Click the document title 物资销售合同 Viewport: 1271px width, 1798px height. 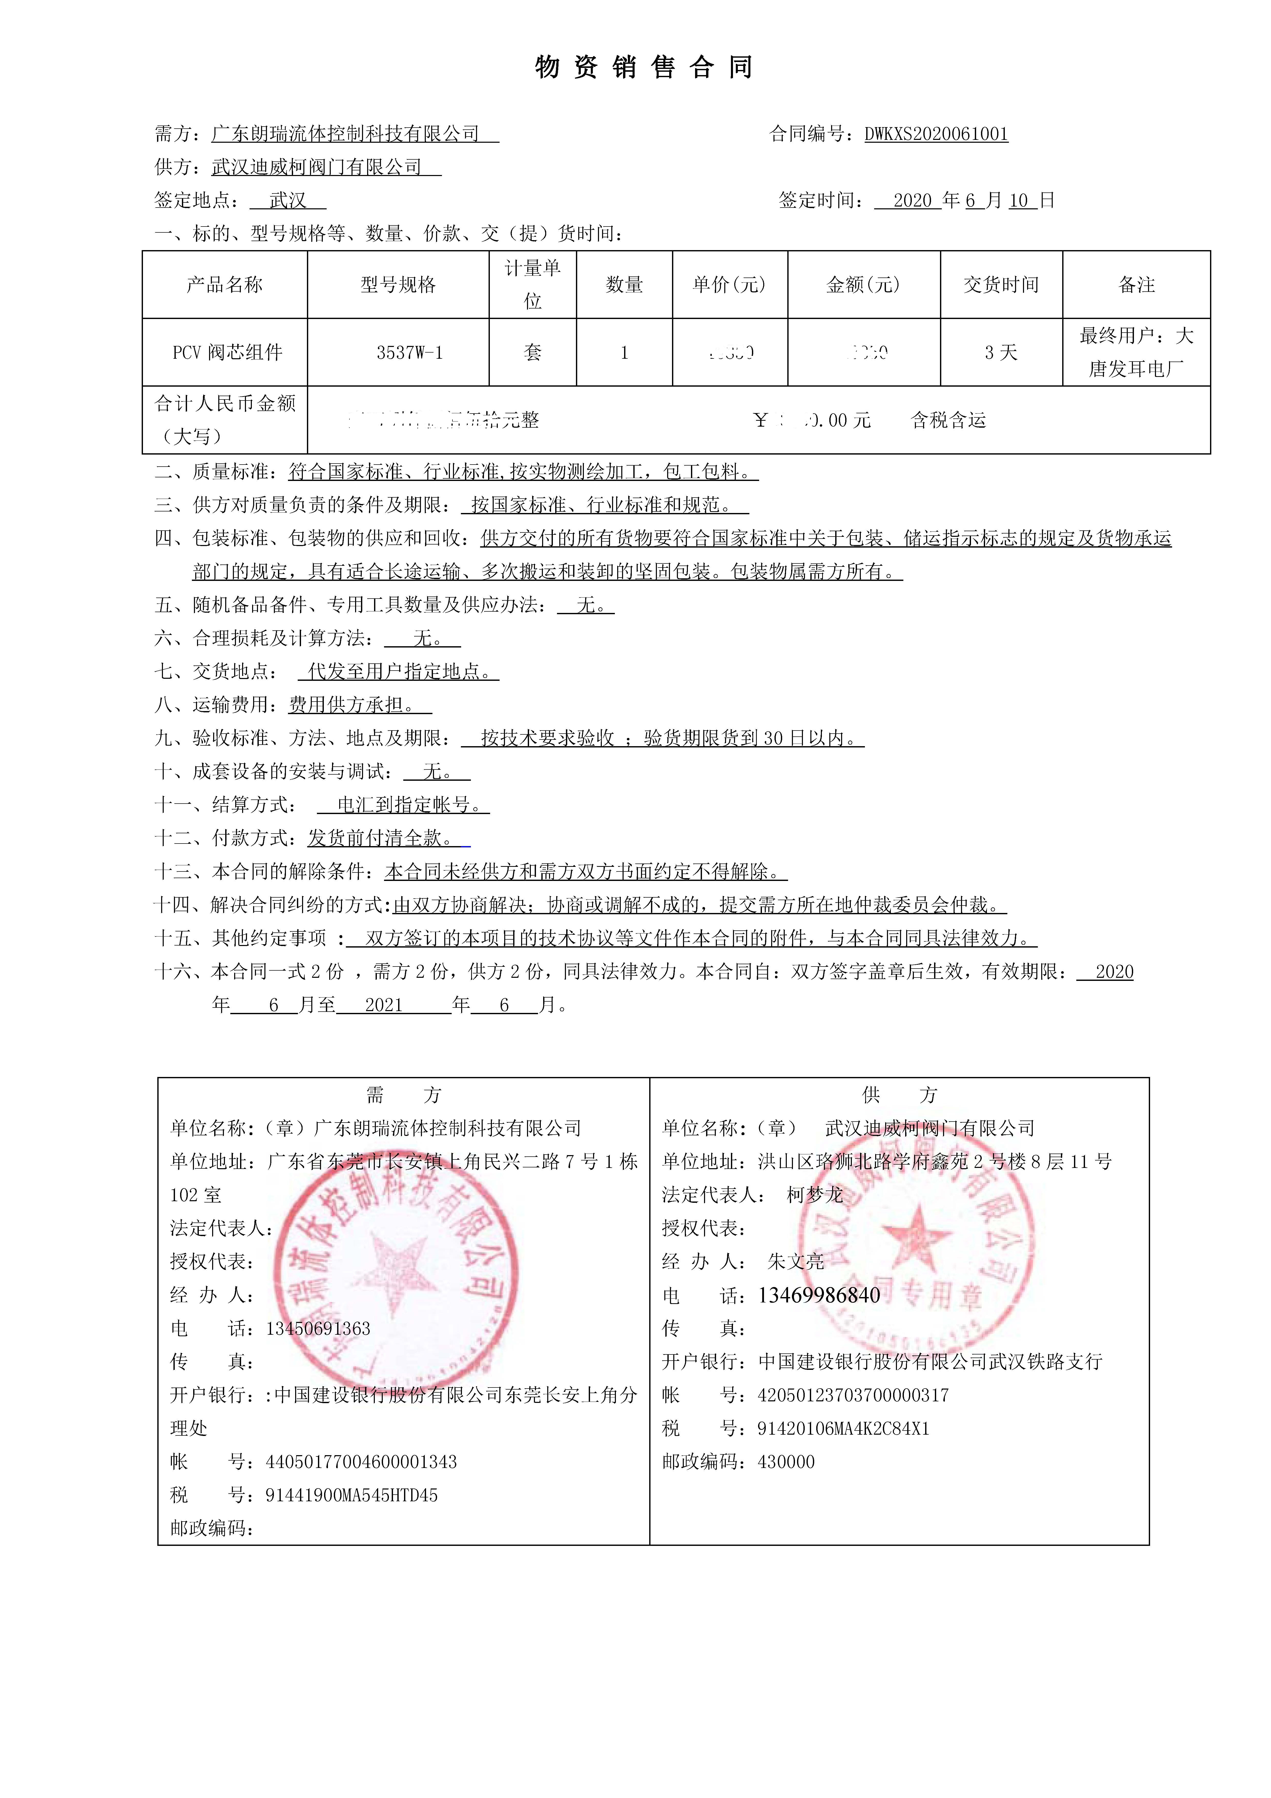[x=644, y=67]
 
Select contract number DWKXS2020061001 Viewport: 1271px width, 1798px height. [x=936, y=134]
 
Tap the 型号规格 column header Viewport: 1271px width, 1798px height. [x=398, y=285]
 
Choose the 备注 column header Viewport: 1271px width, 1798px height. [x=1136, y=285]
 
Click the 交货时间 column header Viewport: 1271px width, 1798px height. [x=1001, y=285]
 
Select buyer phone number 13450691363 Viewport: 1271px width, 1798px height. [x=318, y=1329]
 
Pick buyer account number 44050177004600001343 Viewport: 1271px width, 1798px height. [x=361, y=1462]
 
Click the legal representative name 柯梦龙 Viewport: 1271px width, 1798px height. [x=814, y=1195]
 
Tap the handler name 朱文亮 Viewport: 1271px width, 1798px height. [x=796, y=1262]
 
